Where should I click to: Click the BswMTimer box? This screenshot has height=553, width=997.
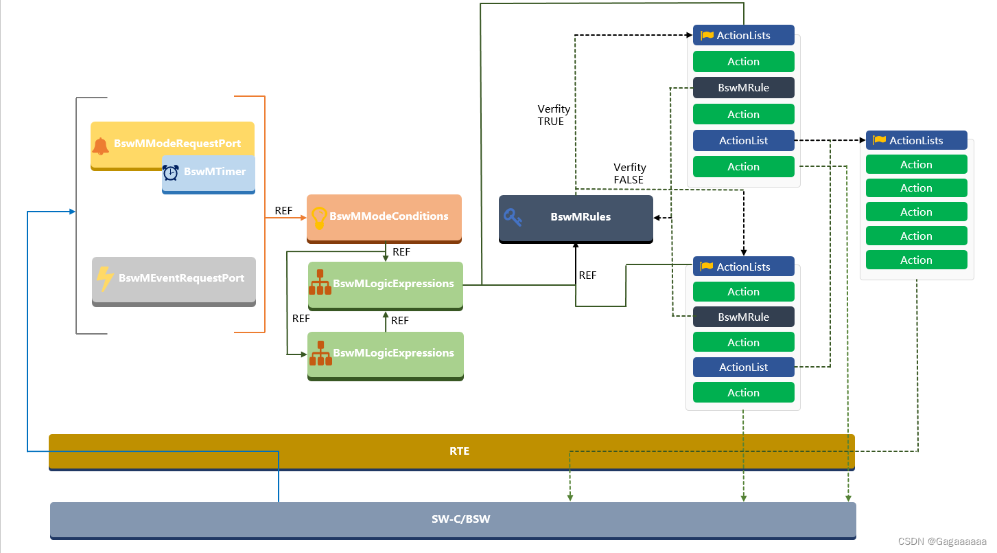[x=209, y=174]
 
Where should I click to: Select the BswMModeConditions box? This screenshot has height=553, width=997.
[x=384, y=218]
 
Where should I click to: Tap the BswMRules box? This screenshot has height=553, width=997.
[x=576, y=219]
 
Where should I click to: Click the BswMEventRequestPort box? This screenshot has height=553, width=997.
[x=174, y=282]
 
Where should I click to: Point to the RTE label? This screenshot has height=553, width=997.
[x=459, y=451]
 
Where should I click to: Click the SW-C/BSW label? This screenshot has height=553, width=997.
[x=460, y=519]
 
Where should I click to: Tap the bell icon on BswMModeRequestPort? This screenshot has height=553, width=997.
[x=101, y=146]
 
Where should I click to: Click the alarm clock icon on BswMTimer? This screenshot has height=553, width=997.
[x=170, y=172]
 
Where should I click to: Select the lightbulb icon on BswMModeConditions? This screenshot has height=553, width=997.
[x=319, y=218]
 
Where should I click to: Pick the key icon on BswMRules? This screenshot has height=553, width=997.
[x=513, y=218]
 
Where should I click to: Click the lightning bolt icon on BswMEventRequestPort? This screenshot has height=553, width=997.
[x=105, y=279]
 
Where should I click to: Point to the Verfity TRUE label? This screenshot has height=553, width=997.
[x=553, y=115]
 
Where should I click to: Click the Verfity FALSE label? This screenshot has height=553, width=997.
[x=630, y=173]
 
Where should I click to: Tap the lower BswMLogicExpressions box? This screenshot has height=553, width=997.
[x=386, y=356]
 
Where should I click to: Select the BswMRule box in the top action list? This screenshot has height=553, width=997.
[x=743, y=87]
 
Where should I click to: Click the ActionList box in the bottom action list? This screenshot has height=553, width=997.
[x=743, y=368]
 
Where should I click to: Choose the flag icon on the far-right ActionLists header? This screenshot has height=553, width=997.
[x=879, y=140]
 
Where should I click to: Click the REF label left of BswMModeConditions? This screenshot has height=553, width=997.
[x=283, y=210]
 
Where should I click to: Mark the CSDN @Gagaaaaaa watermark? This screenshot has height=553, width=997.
[x=942, y=541]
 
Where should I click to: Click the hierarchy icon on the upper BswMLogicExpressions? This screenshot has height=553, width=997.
[x=320, y=282]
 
